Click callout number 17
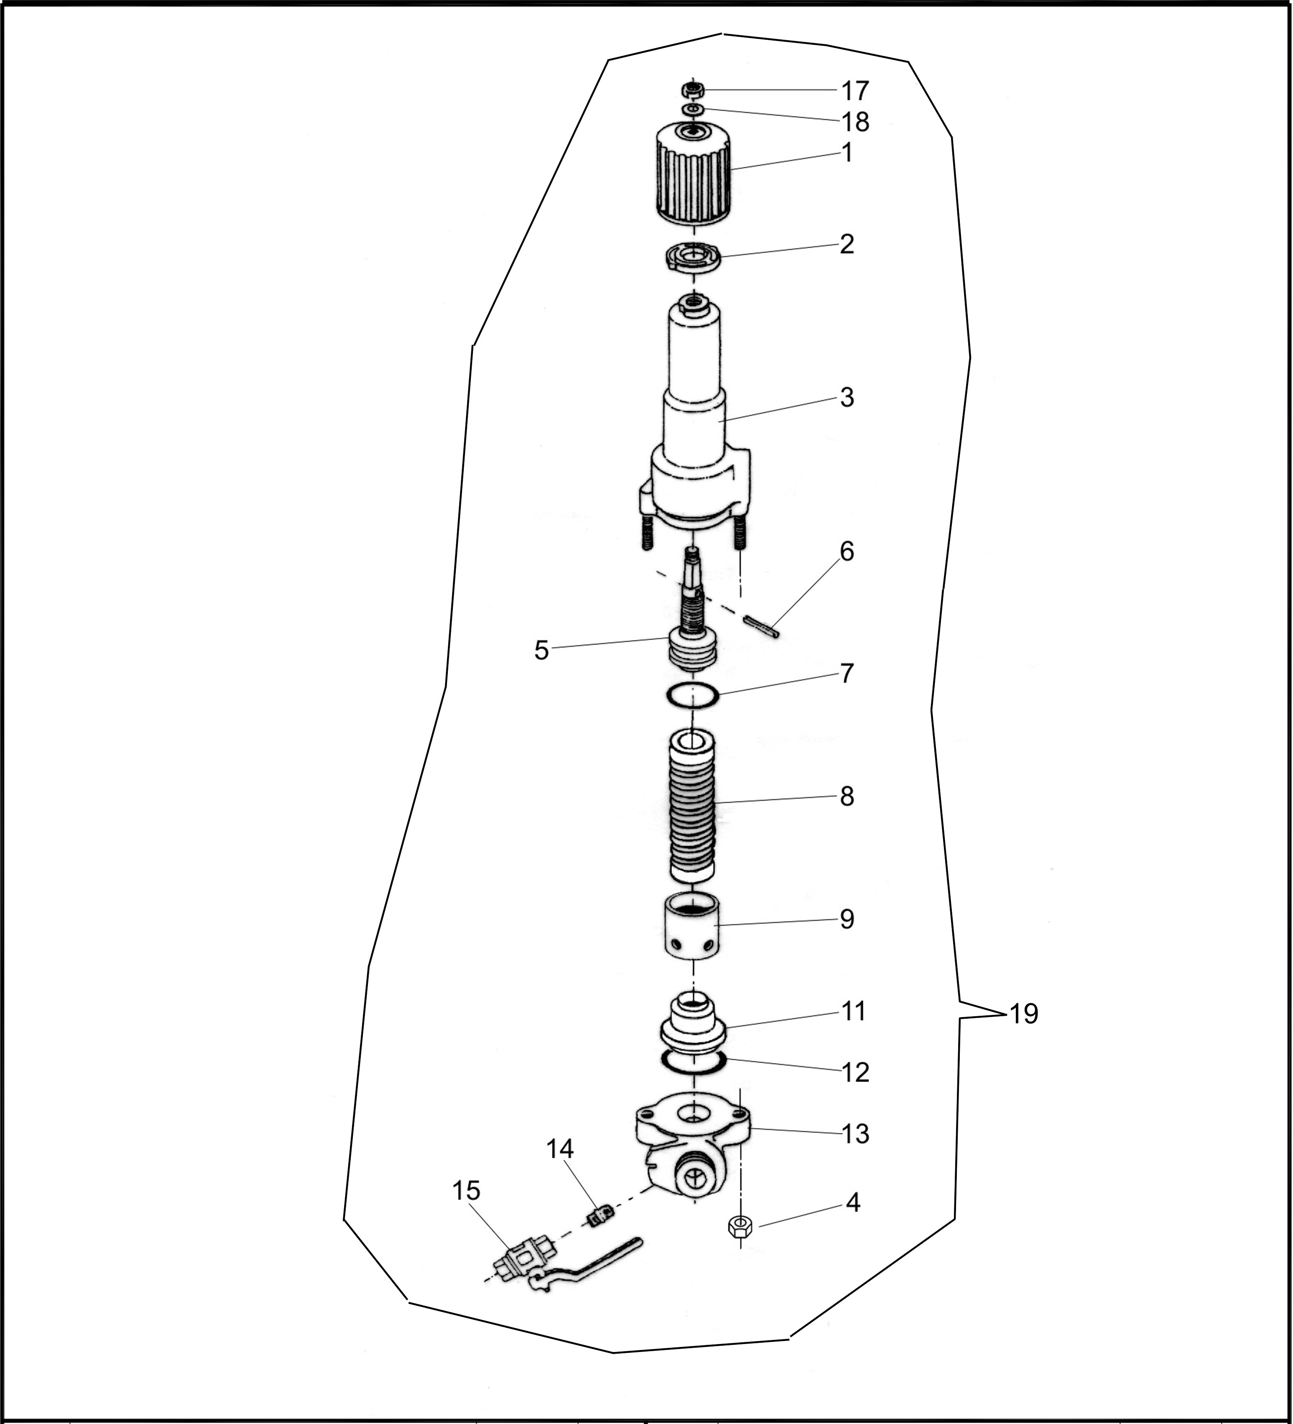point(854,91)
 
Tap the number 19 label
point(1023,1015)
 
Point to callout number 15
point(466,1190)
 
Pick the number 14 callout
point(560,1149)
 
